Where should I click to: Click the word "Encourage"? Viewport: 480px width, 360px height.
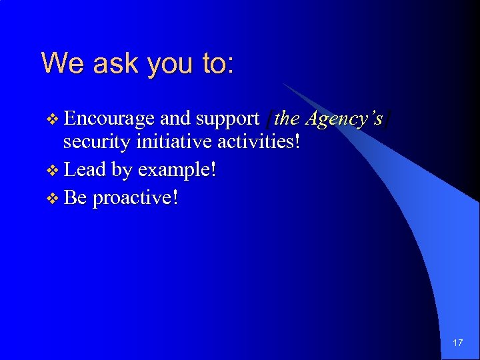coord(110,119)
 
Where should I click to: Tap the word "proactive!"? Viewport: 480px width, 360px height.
coord(135,199)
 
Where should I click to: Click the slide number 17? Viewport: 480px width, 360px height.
coord(457,343)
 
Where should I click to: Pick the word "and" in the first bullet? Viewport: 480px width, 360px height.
coord(175,119)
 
